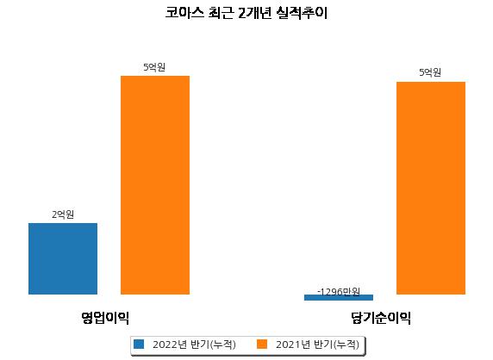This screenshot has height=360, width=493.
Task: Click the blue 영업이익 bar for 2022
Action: point(63,259)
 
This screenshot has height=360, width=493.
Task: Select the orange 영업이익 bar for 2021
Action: point(155,185)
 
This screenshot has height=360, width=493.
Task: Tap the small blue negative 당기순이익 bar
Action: point(339,297)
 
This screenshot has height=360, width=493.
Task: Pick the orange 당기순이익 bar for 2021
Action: point(431,188)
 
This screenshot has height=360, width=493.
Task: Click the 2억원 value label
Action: point(63,214)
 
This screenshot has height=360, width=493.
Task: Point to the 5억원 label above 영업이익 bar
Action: point(154,67)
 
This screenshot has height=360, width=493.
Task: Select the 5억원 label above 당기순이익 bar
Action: point(430,72)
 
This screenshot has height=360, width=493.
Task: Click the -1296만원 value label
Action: point(339,292)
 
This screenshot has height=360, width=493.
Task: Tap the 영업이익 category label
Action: point(105,318)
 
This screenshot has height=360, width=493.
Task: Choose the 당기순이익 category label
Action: point(381,318)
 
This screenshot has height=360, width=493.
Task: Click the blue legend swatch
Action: point(139,344)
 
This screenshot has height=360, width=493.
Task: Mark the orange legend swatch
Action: point(262,344)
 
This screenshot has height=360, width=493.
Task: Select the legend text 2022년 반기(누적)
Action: point(194,344)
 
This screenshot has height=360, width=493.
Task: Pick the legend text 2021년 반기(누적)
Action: point(317,344)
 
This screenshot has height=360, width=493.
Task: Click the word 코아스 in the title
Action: point(184,13)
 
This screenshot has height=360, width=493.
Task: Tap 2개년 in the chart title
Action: point(254,13)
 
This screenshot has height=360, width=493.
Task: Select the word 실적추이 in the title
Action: point(302,13)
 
